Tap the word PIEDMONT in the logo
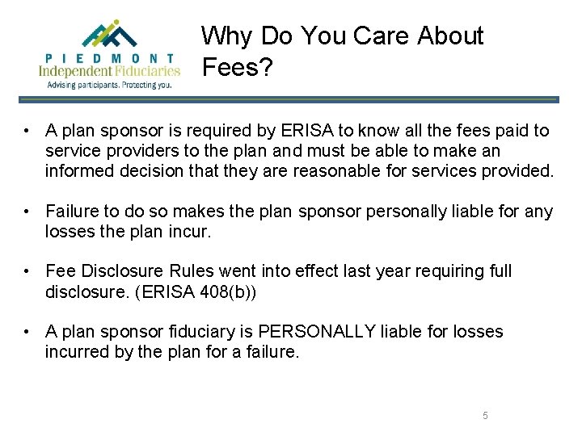109,58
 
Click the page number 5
485,415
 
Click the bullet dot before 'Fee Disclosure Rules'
27,271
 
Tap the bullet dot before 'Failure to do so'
27,212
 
